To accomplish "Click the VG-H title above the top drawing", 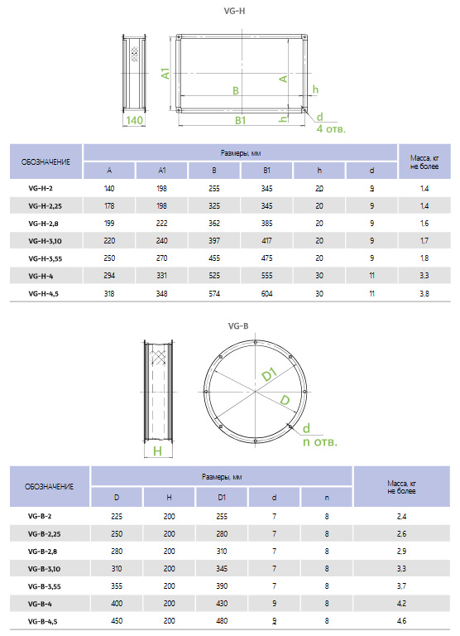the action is point(234,11).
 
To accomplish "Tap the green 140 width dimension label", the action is point(134,120).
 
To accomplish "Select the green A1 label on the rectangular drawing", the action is point(165,74).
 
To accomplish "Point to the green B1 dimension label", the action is point(240,120).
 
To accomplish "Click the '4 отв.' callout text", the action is point(331,129).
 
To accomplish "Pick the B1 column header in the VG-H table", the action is point(266,171).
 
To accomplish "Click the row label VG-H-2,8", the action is point(43,224).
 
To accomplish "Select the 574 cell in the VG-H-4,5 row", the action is point(214,293).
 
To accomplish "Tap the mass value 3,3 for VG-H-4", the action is point(424,276).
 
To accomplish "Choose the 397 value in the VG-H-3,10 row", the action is point(214,241).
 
